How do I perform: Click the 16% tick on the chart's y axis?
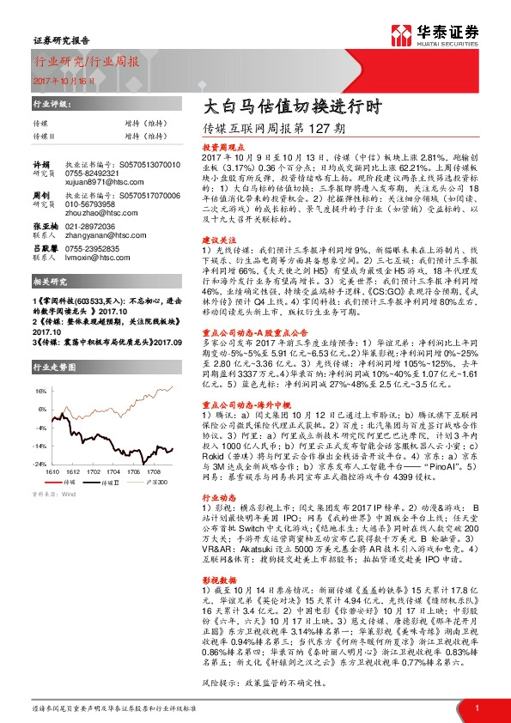click(x=40, y=390)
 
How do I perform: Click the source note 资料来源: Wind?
click(x=54, y=495)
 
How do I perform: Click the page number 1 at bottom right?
click(x=476, y=708)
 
